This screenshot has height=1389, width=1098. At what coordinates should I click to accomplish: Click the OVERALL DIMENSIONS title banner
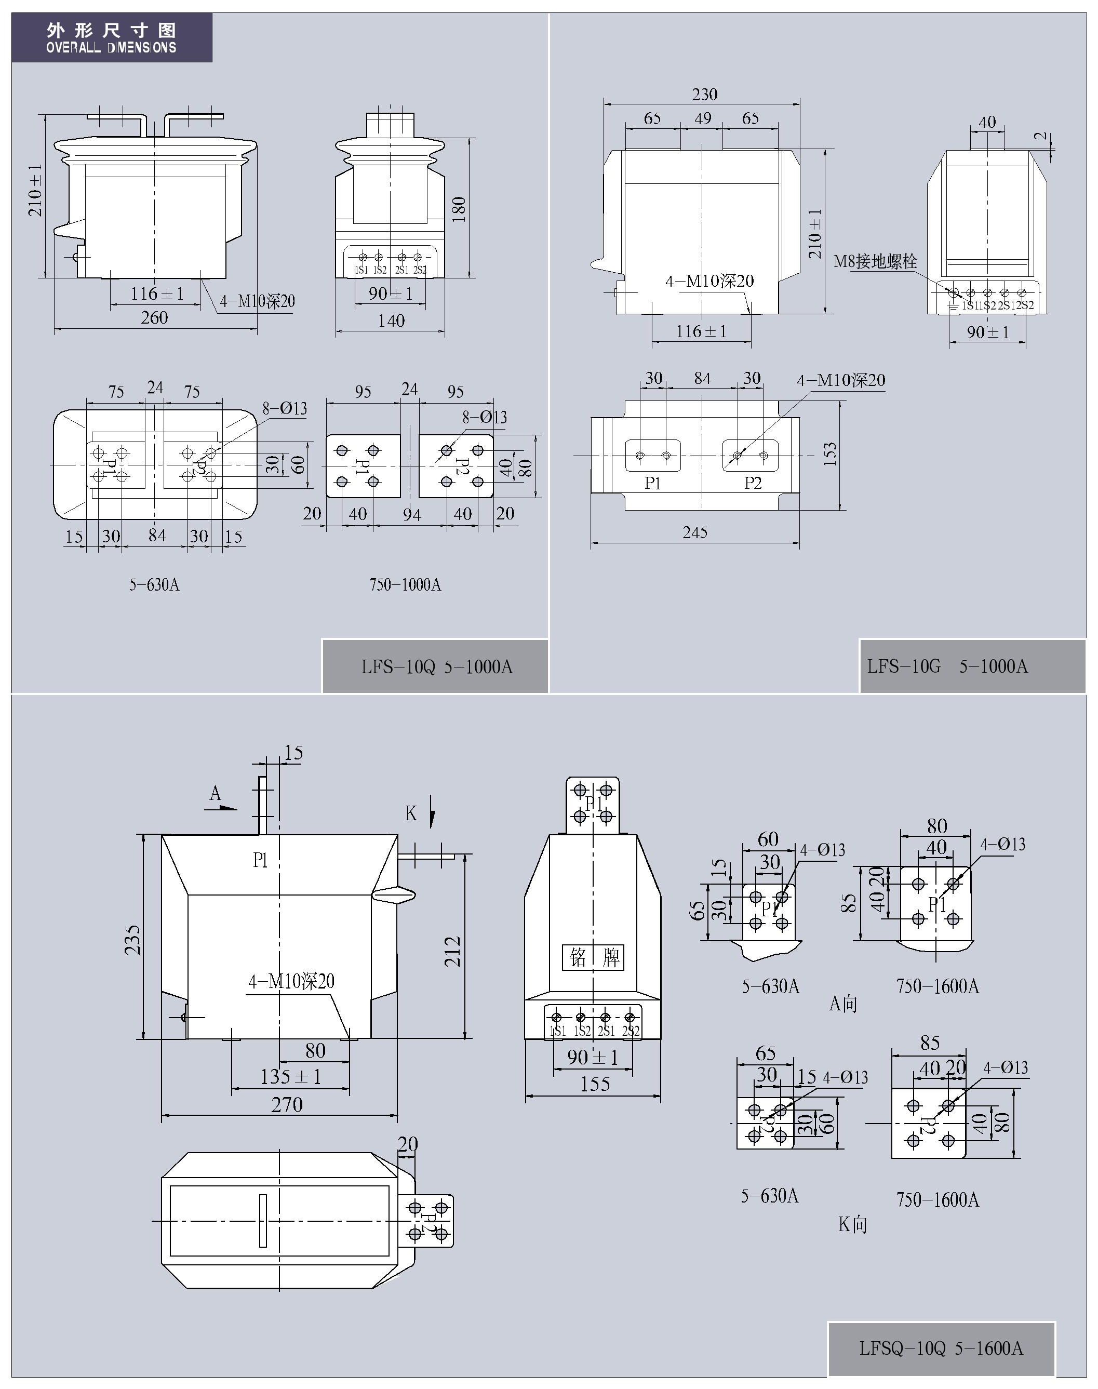(x=111, y=38)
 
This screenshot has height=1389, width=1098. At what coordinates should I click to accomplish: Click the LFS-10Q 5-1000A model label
(x=436, y=666)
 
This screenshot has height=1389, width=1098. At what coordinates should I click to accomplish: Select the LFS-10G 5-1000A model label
(x=947, y=666)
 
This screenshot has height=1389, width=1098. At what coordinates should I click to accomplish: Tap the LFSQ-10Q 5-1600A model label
(x=941, y=1348)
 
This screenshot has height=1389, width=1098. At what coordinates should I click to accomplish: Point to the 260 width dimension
(x=154, y=317)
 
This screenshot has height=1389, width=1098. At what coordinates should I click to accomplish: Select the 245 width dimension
(x=695, y=532)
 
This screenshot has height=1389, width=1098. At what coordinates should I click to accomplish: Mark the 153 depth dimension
(x=830, y=454)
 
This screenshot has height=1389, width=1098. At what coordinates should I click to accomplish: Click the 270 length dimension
(x=287, y=1104)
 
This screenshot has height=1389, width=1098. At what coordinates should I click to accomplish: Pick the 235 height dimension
(x=132, y=940)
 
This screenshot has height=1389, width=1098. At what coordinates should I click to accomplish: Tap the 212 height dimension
(x=453, y=951)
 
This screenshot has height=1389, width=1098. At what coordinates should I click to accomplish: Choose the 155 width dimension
(x=595, y=1084)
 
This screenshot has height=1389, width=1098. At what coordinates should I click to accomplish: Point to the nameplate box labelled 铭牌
(x=593, y=958)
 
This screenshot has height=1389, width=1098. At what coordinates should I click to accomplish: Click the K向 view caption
(x=852, y=1224)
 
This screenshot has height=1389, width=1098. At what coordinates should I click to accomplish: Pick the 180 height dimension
(x=458, y=209)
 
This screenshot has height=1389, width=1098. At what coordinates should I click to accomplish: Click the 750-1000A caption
(x=405, y=584)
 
